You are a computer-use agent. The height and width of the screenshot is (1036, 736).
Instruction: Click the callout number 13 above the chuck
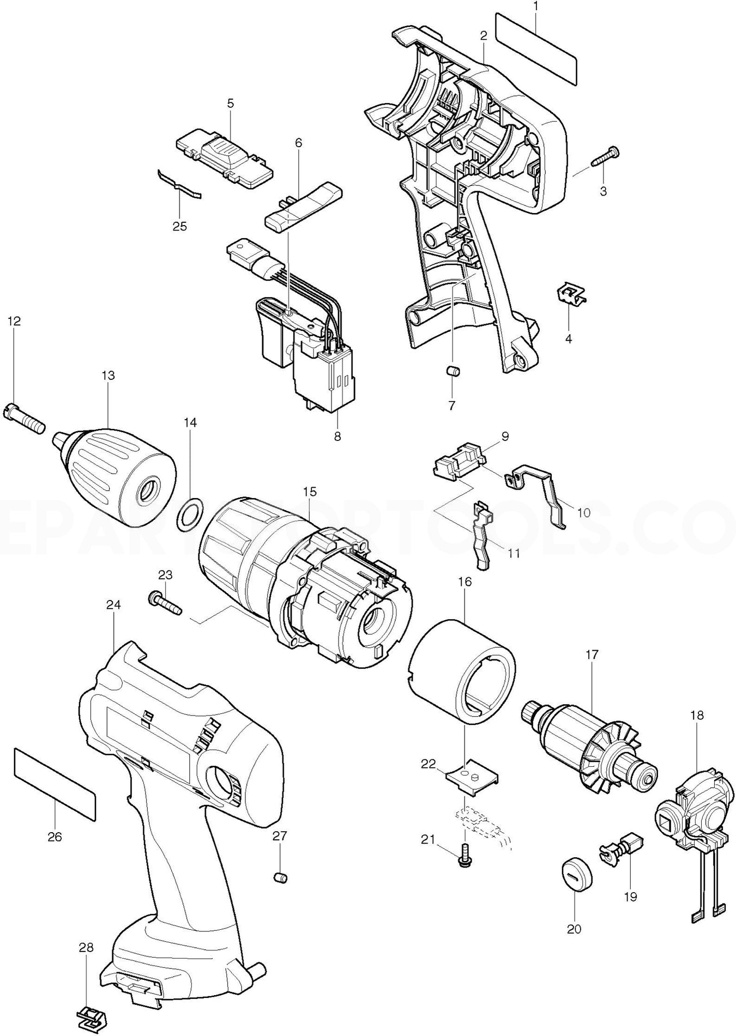(108, 375)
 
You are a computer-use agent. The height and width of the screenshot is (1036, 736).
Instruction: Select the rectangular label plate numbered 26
(55, 784)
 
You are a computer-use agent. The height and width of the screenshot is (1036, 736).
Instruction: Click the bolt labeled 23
(164, 603)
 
